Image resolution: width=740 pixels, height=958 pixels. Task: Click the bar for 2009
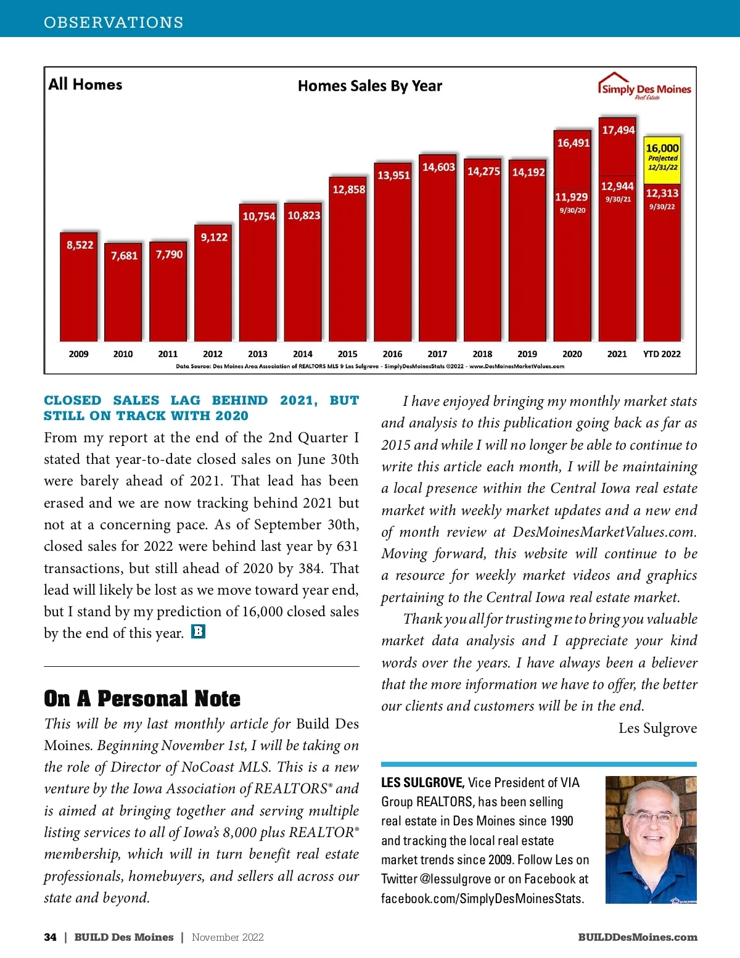[x=78, y=290]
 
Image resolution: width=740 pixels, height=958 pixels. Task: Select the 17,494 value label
[x=618, y=130]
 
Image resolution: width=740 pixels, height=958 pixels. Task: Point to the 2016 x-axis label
[x=392, y=354]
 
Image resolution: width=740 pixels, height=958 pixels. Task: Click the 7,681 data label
[x=124, y=255]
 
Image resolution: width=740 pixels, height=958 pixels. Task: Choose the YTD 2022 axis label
[x=662, y=354]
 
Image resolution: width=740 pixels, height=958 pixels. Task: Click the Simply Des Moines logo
[x=644, y=87]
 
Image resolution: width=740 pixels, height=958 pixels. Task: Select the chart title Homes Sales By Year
[x=369, y=86]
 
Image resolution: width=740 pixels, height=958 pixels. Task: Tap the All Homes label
[x=85, y=85]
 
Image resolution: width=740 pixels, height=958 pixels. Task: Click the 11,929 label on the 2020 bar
[x=572, y=197]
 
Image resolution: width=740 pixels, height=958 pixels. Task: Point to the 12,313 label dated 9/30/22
[x=662, y=193]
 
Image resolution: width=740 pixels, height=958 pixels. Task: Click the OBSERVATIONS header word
[x=113, y=23]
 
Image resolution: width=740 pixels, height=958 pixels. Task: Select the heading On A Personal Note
[x=142, y=698]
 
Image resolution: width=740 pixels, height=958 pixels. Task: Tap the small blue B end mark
[x=198, y=632]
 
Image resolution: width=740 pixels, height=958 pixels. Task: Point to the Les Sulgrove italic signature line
[x=657, y=729]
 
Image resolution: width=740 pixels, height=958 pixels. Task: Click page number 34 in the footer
[x=50, y=937]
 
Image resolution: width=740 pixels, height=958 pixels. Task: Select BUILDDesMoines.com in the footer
[x=637, y=937]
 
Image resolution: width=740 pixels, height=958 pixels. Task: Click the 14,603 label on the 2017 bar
[x=438, y=167]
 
